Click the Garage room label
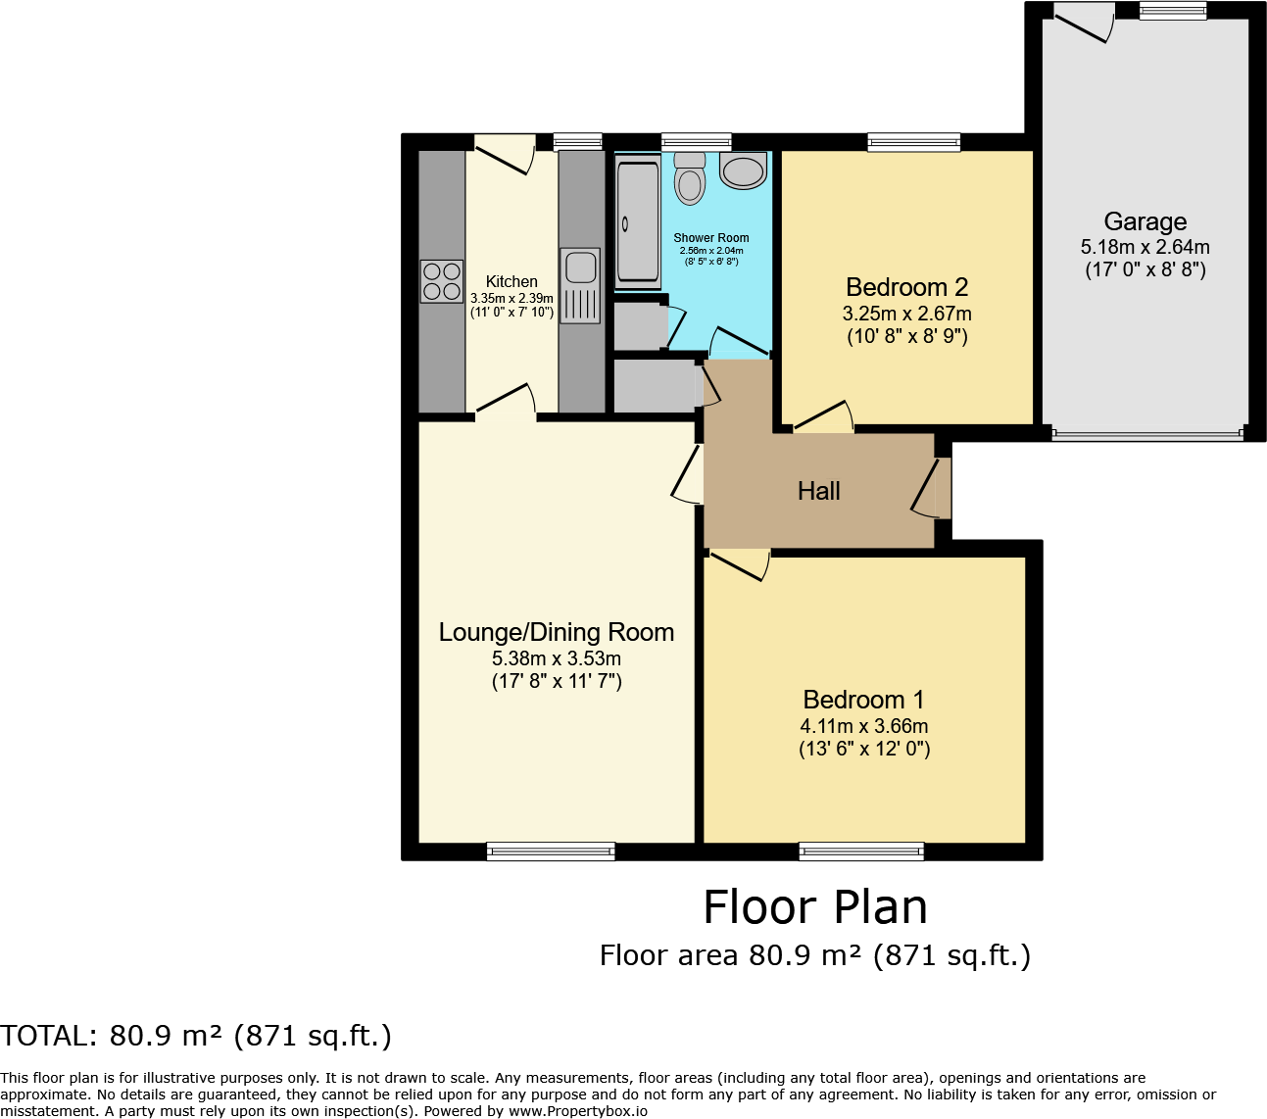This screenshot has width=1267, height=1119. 1145,222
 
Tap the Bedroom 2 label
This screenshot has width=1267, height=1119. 906,287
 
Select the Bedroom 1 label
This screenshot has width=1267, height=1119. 863,700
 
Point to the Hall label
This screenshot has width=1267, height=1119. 818,491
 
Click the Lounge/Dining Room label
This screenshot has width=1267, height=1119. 556,632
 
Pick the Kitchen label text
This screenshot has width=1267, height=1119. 512,281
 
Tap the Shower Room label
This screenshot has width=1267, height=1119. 710,238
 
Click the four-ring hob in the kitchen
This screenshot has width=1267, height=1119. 441,281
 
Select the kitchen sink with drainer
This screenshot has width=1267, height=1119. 579,285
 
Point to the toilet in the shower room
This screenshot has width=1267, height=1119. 690,178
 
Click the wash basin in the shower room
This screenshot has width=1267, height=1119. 744,170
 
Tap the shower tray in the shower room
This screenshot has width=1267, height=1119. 638,224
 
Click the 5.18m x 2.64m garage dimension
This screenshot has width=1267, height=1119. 1145,247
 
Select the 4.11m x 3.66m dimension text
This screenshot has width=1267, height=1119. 863,726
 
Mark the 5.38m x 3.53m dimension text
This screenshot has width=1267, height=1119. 556,658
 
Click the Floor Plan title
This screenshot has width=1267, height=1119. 814,907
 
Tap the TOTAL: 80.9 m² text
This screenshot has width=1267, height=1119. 196,1036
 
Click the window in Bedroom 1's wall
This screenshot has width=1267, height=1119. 861,851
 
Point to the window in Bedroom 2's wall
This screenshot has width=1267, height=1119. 914,142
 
